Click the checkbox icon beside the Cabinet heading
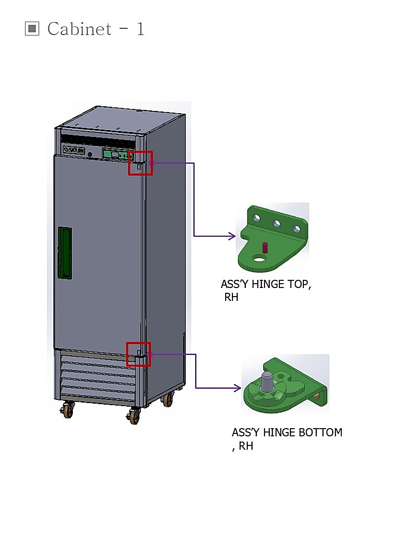[x=32, y=28]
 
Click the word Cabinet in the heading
[x=80, y=29]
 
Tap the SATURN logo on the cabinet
[x=74, y=150]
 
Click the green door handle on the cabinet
[x=65, y=253]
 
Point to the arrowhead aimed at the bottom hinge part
[x=237, y=388]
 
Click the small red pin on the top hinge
[x=265, y=247]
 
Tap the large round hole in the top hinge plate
[x=259, y=258]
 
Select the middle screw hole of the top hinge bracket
[x=277, y=224]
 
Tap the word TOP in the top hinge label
[x=299, y=285]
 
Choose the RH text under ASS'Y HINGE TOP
[x=232, y=297]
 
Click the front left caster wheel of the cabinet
[x=68, y=410]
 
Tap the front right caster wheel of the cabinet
[x=134, y=416]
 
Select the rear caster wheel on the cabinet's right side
[x=167, y=399]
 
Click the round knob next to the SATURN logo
[x=90, y=155]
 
